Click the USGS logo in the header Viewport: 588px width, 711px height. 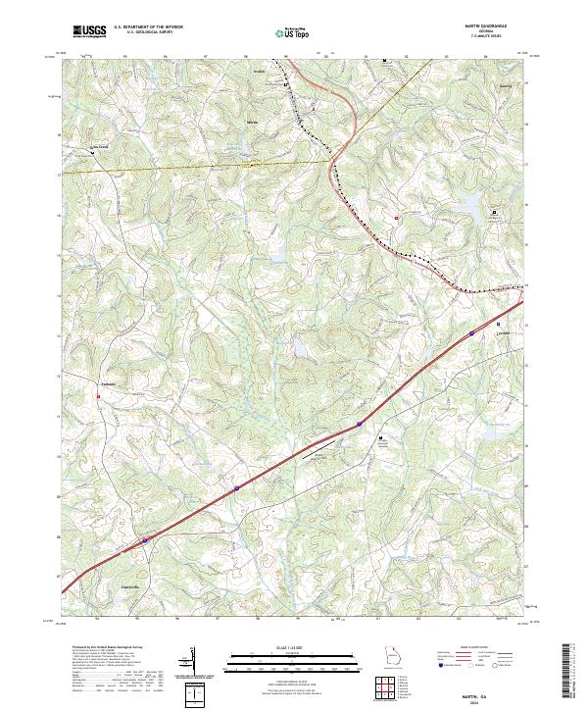[x=89, y=32]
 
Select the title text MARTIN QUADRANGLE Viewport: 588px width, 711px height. [x=494, y=27]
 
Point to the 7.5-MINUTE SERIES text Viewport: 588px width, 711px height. [x=494, y=38]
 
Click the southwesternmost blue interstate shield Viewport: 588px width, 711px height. [x=146, y=539]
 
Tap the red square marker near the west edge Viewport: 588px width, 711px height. [x=98, y=396]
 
